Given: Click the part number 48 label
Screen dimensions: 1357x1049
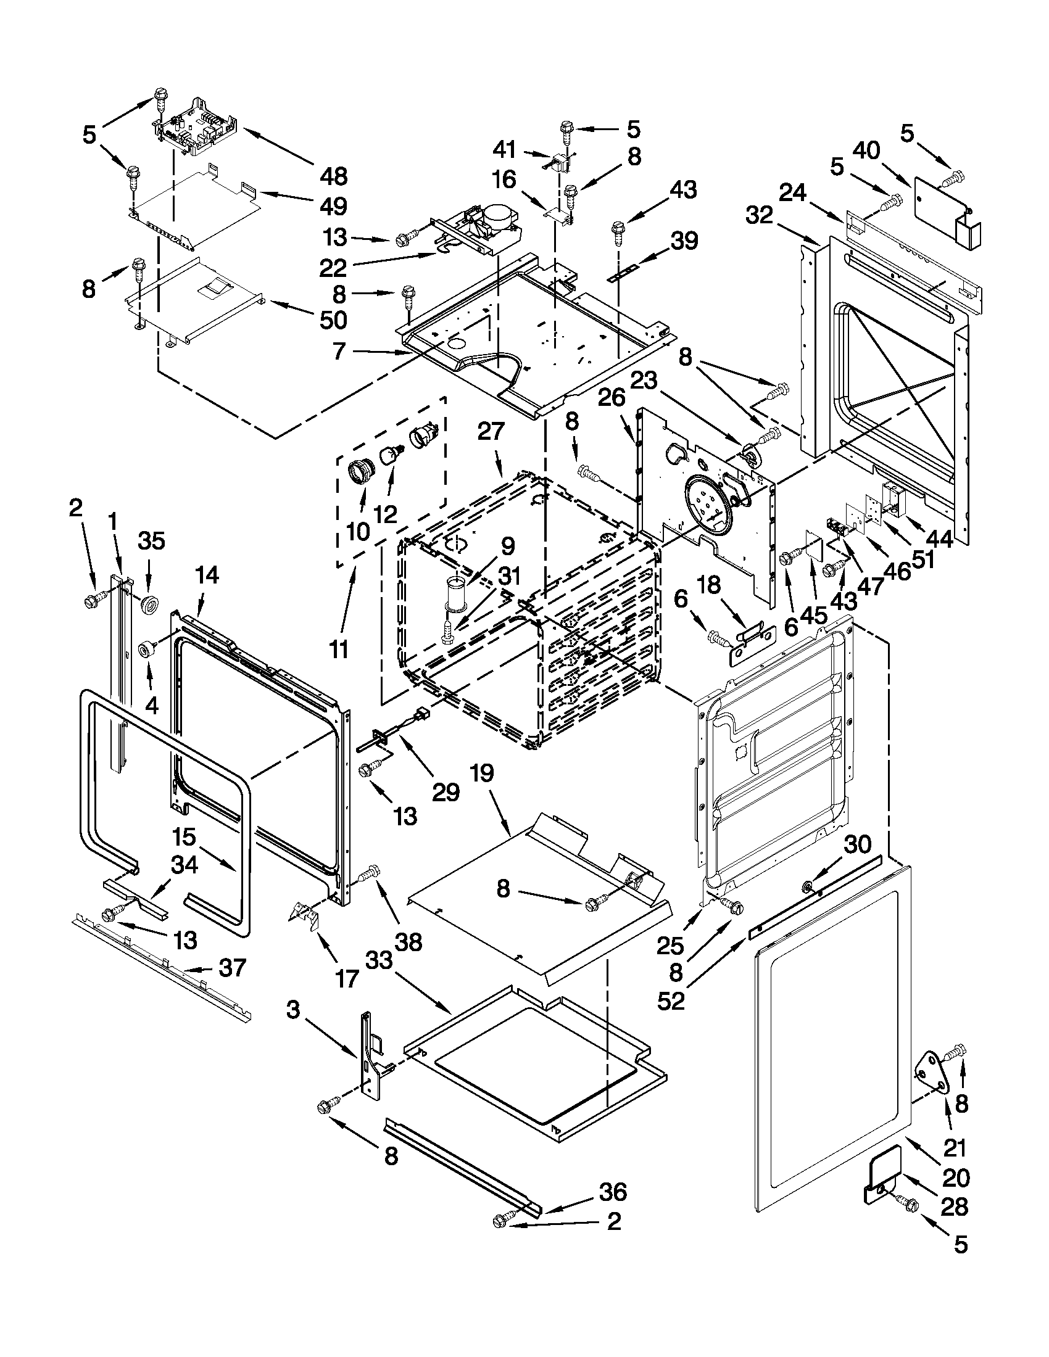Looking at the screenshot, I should tap(334, 176).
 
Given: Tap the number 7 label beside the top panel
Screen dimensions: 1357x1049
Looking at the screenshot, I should tap(339, 351).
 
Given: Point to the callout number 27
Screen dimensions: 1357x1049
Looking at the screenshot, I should tap(491, 431).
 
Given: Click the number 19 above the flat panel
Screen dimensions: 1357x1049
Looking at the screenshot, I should tap(483, 773).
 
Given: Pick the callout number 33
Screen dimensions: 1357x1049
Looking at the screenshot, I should tap(379, 960).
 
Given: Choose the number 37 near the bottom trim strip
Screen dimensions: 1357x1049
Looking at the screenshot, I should tap(233, 967).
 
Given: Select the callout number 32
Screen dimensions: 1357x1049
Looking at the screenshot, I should tap(759, 216).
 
